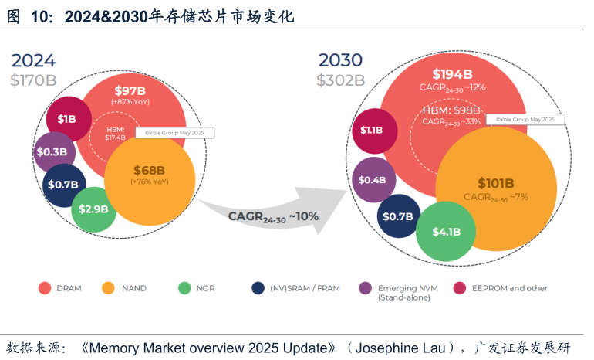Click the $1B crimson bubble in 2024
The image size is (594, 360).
pyautogui.click(x=66, y=118)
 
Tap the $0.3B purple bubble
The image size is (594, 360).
pyautogui.click(x=54, y=151)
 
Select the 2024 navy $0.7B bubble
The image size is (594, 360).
pyautogui.click(x=63, y=184)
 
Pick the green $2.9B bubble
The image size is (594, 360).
pyautogui.click(x=93, y=209)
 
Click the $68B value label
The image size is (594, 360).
pyautogui.click(x=149, y=170)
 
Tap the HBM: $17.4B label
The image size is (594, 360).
pyautogui.click(x=115, y=133)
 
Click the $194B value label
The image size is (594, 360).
pyautogui.click(x=453, y=74)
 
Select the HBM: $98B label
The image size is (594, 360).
pyautogui.click(x=451, y=110)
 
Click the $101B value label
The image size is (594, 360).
pyautogui.click(x=495, y=183)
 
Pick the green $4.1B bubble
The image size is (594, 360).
pyautogui.click(x=446, y=231)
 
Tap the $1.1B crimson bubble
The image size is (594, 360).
pyautogui.click(x=371, y=130)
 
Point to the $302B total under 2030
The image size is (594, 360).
pyautogui.click(x=340, y=80)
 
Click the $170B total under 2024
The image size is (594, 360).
pyautogui.click(x=33, y=80)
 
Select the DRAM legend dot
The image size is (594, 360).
pyautogui.click(x=44, y=288)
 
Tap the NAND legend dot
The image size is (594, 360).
pyautogui.click(x=108, y=288)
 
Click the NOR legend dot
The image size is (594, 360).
pyautogui.click(x=184, y=288)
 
